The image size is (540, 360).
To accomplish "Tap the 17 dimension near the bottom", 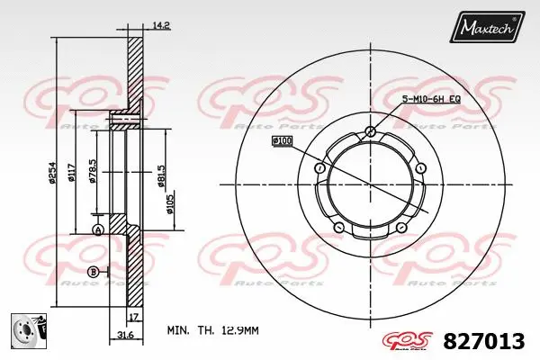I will [x=132, y=317].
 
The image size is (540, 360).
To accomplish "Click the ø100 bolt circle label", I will [x=282, y=141].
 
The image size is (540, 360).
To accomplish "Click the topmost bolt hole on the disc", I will [x=370, y=132].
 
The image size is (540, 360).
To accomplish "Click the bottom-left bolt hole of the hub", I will [x=338, y=226].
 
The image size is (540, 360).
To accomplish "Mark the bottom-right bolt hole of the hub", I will [x=402, y=226].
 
